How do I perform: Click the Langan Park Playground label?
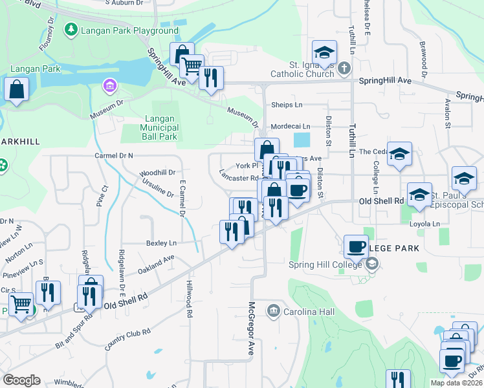(x=129, y=30)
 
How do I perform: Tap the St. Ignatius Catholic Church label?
(x=313, y=69)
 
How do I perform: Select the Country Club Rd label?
(x=128, y=338)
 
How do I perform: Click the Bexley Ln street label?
(x=161, y=243)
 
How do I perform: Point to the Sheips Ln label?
(x=287, y=105)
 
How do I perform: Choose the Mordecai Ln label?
(x=291, y=127)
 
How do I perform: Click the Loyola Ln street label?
(x=424, y=224)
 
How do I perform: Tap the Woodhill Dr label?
(x=158, y=173)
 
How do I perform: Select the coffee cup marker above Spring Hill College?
(x=356, y=246)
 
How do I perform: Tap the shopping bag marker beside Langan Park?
(x=16, y=90)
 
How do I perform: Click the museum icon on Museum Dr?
(x=109, y=85)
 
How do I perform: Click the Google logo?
(x=21, y=380)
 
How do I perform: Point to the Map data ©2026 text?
(x=456, y=383)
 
